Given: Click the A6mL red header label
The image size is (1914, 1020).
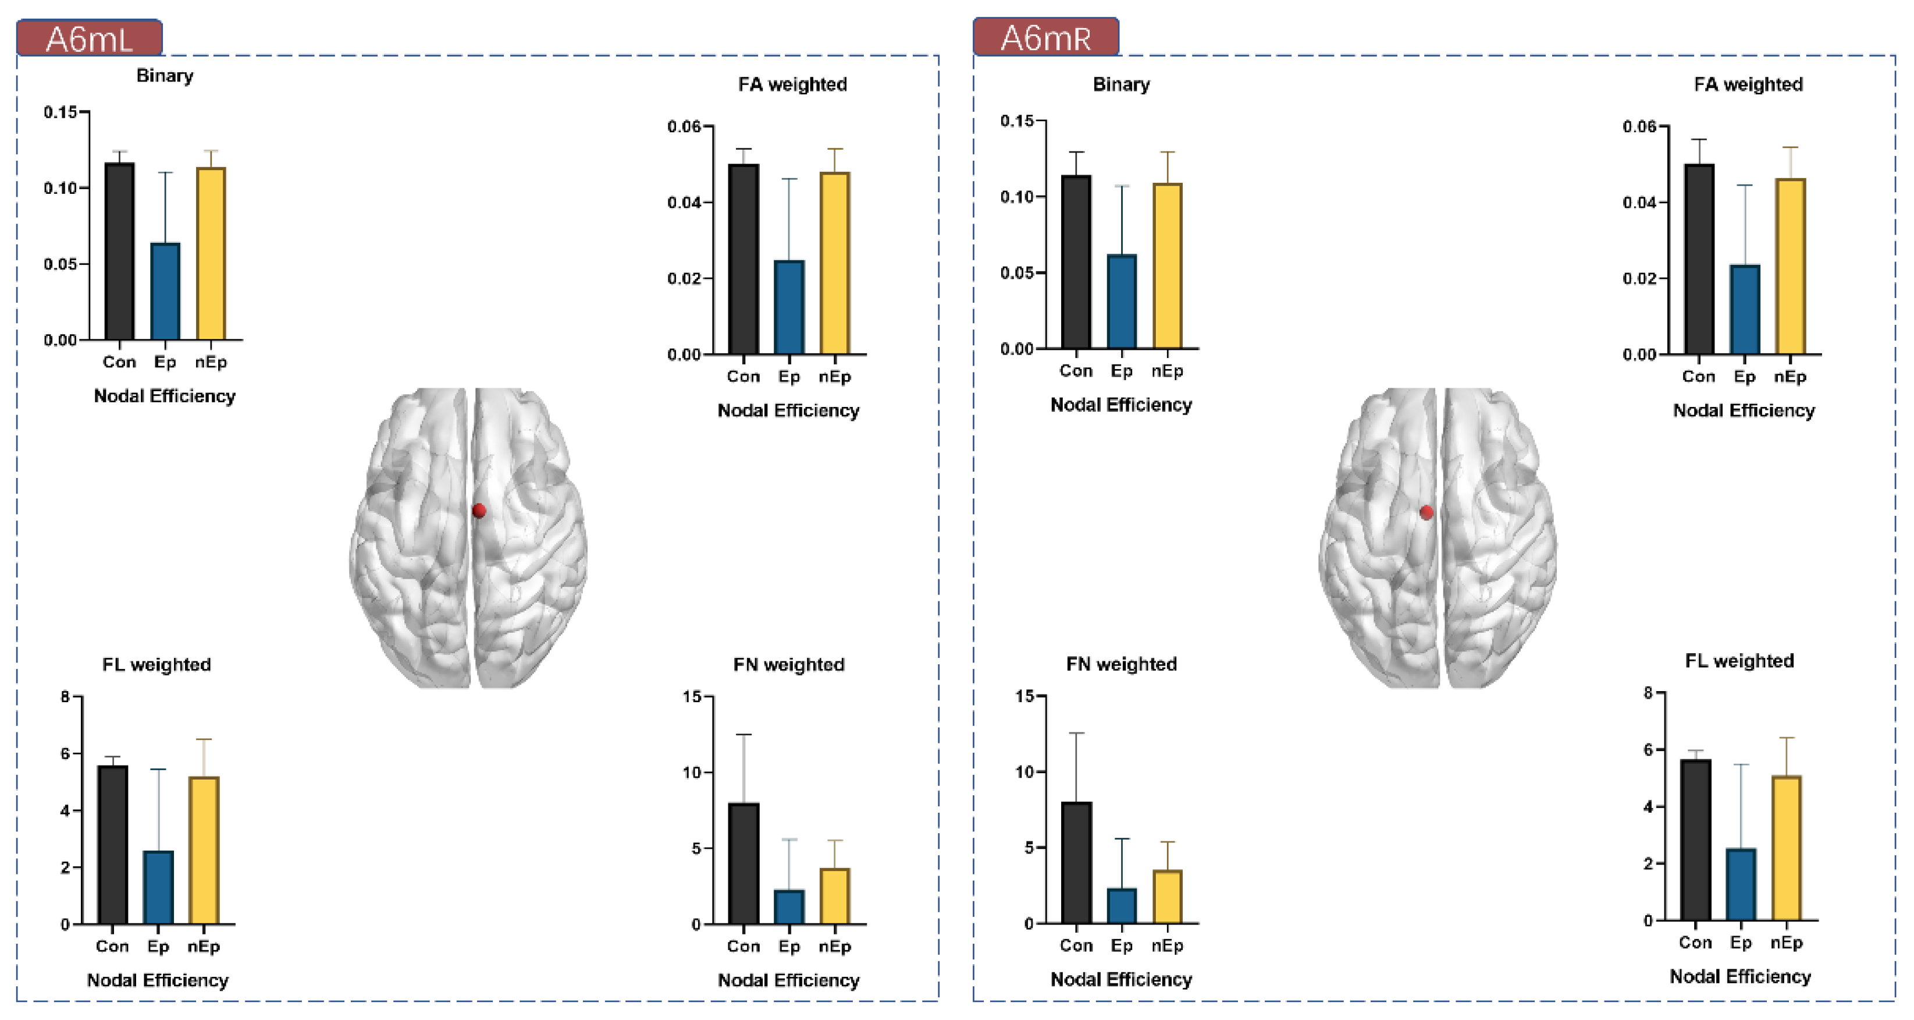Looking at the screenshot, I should click(x=89, y=38).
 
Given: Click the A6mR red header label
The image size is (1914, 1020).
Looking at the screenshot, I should click(x=1045, y=37).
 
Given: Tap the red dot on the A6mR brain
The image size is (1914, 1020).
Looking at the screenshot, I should click(x=1426, y=512).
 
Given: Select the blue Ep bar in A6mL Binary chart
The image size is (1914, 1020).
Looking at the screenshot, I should click(x=165, y=292).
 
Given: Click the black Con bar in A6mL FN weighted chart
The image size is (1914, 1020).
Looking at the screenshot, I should click(x=743, y=863).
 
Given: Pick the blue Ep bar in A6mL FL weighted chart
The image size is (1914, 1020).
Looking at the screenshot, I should click(x=158, y=888).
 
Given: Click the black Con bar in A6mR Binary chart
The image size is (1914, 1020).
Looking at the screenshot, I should click(x=1076, y=261).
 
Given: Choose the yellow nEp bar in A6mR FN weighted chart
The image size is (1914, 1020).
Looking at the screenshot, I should click(x=1167, y=897).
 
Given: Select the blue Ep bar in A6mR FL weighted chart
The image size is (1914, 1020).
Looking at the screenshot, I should click(x=1741, y=885).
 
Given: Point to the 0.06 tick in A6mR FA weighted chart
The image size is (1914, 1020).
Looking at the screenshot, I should click(x=1640, y=127).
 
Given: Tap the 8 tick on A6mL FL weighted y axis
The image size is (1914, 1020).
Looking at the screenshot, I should click(x=65, y=697).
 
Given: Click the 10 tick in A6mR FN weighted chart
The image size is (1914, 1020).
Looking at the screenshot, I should click(x=1024, y=771).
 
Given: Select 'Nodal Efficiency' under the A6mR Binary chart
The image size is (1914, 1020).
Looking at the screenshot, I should click(x=1120, y=405).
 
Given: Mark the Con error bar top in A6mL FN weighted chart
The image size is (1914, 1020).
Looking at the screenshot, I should click(x=743, y=735).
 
